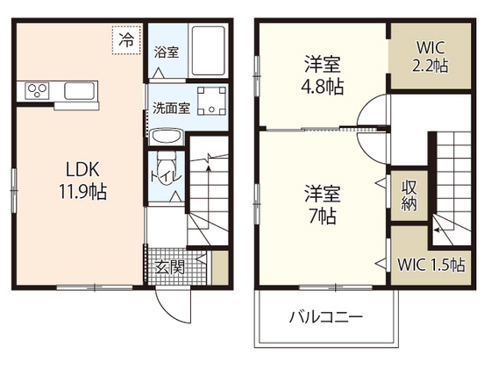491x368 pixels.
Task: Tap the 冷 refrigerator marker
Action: pos(127,39)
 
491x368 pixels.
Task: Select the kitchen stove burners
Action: pos(38,89)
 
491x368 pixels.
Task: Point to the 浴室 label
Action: pos(167,51)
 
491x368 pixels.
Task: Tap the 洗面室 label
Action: pos(171,109)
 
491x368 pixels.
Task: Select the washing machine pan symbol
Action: pos(212,102)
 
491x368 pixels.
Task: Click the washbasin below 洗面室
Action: pos(165,136)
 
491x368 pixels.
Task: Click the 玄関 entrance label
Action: pos(170,266)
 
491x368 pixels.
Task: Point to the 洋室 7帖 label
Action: pos(323,203)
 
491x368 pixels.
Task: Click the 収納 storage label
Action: pos(409,195)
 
